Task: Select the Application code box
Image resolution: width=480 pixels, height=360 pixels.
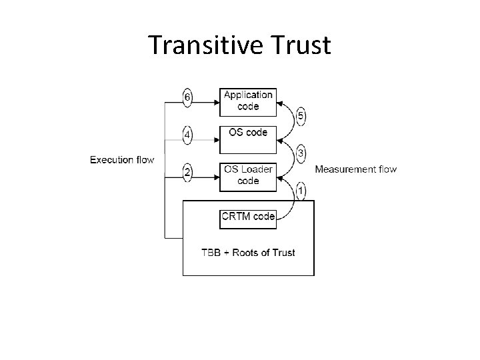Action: pyautogui.click(x=248, y=101)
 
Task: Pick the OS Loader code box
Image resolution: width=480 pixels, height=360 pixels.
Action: pyautogui.click(x=248, y=175)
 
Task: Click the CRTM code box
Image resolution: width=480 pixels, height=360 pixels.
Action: pyautogui.click(x=248, y=217)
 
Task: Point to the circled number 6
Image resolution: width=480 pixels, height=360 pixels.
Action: pyautogui.click(x=188, y=98)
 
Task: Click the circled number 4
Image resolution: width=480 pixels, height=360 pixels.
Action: pyautogui.click(x=188, y=135)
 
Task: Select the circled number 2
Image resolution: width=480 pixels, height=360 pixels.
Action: pyautogui.click(x=188, y=173)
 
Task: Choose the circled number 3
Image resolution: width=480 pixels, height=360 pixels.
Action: pyautogui.click(x=301, y=153)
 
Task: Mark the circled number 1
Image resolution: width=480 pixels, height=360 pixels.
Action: pyautogui.click(x=301, y=191)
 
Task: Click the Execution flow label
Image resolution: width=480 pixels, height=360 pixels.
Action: pyautogui.click(x=122, y=159)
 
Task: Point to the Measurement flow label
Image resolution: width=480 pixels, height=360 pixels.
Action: pyautogui.click(x=355, y=169)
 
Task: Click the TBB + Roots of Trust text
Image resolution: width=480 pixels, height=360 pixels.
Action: pyautogui.click(x=248, y=252)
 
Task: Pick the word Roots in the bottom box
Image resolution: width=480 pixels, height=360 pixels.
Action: pyautogui.click(x=249, y=252)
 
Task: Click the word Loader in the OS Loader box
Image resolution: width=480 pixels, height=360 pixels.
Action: pyautogui.click(x=257, y=170)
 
